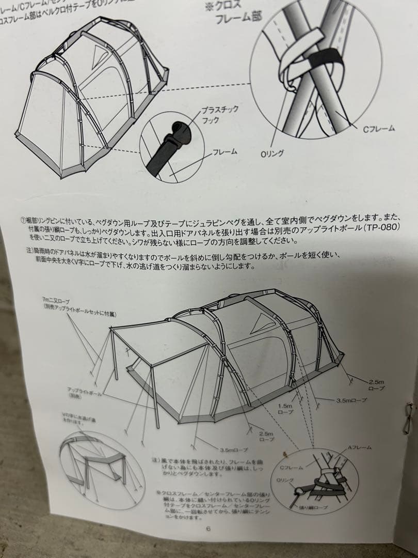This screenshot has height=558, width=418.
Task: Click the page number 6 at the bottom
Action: pyautogui.click(x=208, y=528)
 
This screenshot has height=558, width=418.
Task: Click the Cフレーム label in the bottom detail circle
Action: pyautogui.click(x=292, y=468)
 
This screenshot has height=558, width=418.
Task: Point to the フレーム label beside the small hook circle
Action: pyautogui.click(x=224, y=152)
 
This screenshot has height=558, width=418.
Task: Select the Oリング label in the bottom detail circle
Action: pyautogui.click(x=285, y=481)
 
